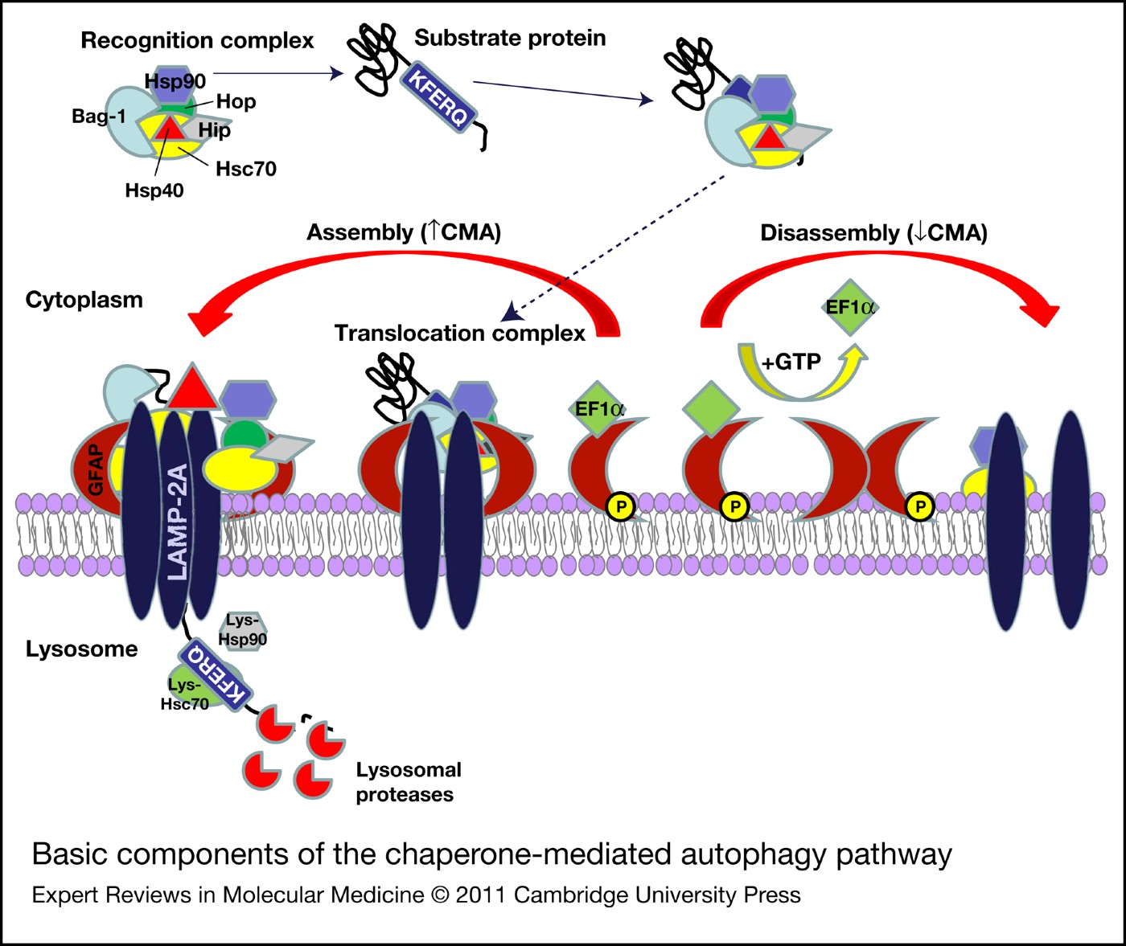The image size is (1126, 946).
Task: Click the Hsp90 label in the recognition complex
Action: (175, 81)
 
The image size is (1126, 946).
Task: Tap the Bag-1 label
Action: (98, 117)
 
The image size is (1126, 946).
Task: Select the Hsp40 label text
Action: (154, 190)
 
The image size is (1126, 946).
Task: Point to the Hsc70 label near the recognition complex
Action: (245, 169)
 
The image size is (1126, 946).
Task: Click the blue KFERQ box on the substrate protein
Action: (438, 99)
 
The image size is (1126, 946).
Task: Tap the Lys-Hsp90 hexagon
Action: (242, 630)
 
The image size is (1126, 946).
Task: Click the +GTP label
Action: (791, 362)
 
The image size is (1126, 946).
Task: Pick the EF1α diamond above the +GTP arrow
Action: (850, 307)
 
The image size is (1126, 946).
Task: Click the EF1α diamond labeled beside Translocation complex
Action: (598, 408)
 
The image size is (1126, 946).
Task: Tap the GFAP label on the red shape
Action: (96, 470)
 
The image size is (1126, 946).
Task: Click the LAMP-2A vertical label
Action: (177, 522)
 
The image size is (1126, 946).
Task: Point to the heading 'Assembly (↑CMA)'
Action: (404, 232)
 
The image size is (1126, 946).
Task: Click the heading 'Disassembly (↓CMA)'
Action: (873, 233)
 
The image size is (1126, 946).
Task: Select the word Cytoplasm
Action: (84, 300)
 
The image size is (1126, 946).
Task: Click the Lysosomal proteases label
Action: (408, 782)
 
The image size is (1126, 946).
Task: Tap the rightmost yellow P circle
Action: (919, 506)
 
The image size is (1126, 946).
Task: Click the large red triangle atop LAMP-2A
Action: (191, 387)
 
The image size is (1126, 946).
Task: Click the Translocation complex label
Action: (459, 333)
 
